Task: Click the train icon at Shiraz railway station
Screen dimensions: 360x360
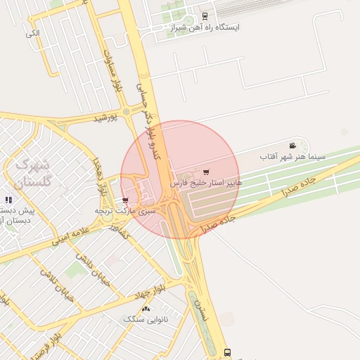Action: point(205,15)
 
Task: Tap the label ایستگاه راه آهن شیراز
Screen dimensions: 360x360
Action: point(205,27)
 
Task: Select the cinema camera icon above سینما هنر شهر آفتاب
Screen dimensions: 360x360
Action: point(292,146)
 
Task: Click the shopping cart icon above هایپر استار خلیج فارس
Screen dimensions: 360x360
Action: point(205,172)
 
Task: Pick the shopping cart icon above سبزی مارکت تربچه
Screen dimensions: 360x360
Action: point(125,200)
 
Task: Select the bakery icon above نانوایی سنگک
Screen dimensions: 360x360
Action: point(146,309)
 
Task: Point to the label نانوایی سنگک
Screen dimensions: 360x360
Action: point(146,319)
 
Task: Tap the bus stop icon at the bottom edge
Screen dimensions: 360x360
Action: point(226,352)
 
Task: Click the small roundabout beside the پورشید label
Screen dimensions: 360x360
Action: point(126,111)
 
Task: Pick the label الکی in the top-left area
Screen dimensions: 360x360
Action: point(32,33)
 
